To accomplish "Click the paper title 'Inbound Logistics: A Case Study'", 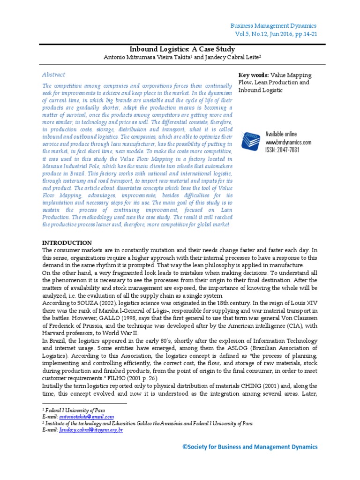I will [182, 49].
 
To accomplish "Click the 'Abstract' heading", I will [53, 75].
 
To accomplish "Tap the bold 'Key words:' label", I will [254, 75].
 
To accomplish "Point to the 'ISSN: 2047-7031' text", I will [282, 150].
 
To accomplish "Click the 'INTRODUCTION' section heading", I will [67, 243].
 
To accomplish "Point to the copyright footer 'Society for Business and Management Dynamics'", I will [250, 447].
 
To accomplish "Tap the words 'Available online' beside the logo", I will [281, 134].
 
